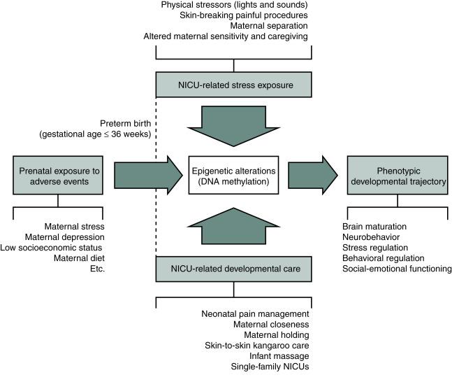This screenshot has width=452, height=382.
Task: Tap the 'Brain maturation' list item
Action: pyautogui.click(x=375, y=227)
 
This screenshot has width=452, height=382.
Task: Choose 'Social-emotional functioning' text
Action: pyautogui.click(x=397, y=269)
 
